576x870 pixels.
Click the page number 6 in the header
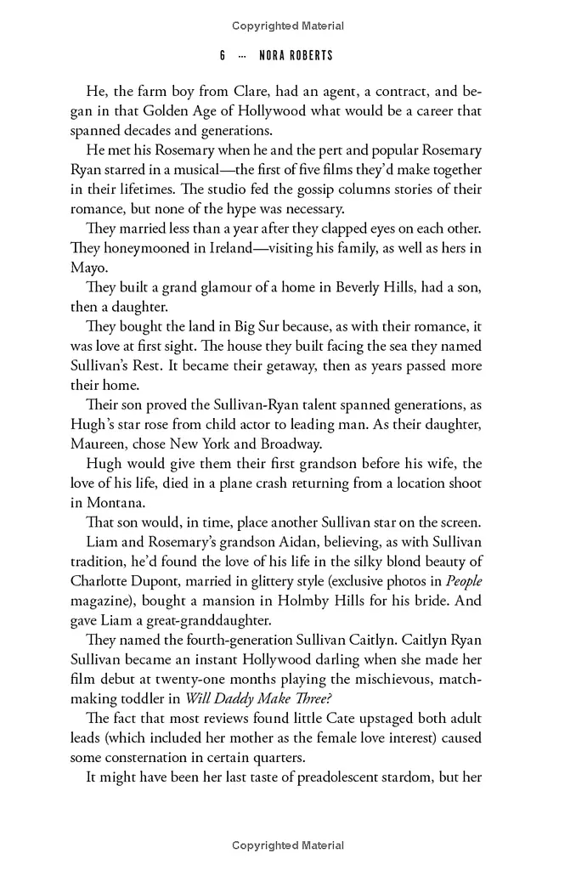point(222,55)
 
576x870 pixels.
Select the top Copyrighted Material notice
point(288,26)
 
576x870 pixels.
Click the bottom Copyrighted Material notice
point(288,845)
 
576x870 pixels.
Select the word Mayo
point(89,268)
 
